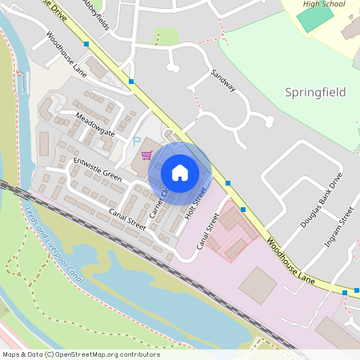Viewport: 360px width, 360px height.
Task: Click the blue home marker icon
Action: (180, 173)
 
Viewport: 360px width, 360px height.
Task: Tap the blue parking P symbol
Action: (137, 141)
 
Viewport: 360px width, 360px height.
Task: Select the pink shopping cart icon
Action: (146, 154)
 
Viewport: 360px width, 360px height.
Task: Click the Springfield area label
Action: (315, 93)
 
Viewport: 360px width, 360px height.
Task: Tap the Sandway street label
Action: (224, 80)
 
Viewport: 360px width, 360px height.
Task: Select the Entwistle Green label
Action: (97, 169)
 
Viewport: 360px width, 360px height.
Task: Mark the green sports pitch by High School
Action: (315, 18)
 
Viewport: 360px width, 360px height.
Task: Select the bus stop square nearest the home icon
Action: (228, 183)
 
